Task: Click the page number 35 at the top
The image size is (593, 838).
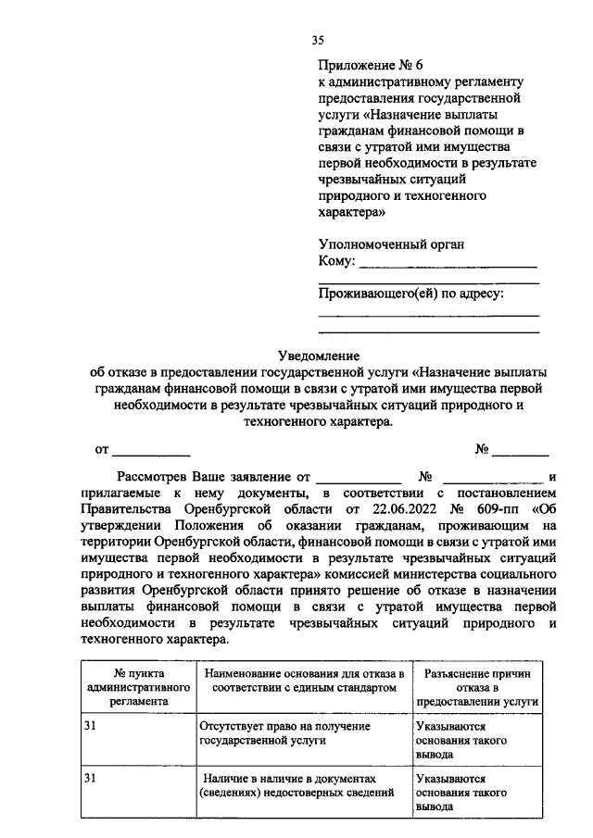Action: point(318,39)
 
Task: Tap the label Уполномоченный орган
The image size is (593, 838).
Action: point(390,244)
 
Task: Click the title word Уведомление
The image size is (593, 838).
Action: point(318,356)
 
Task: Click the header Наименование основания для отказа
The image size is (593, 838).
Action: point(300,681)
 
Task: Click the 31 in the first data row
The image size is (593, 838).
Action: point(91,726)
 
